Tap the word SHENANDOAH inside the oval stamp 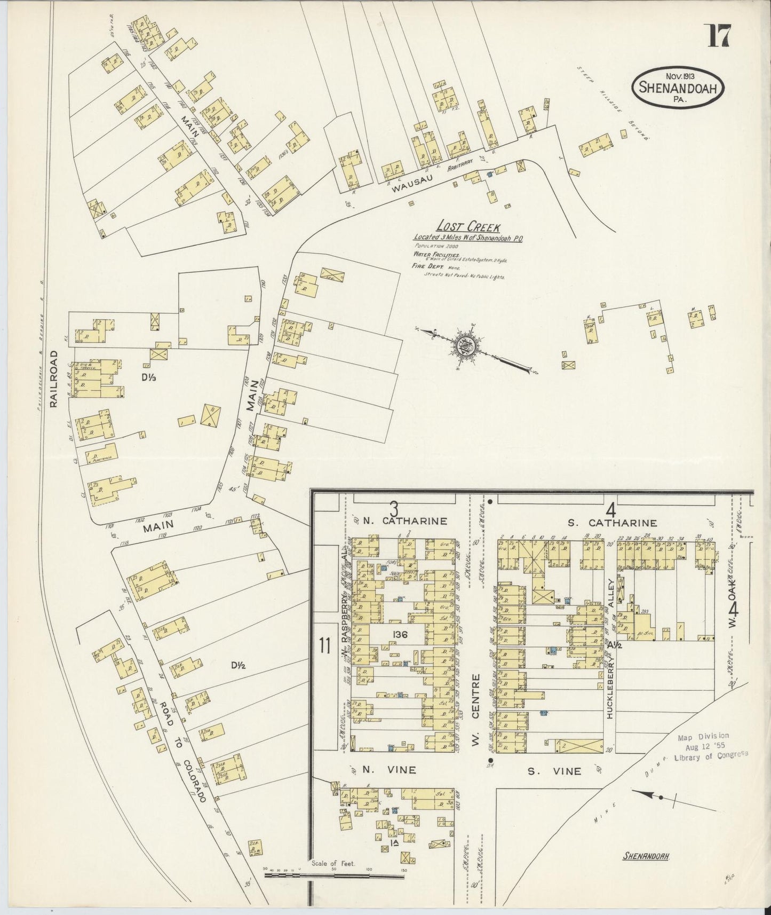click(x=678, y=88)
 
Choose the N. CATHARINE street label click(x=404, y=522)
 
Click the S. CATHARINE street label click(x=612, y=523)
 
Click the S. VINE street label click(x=554, y=771)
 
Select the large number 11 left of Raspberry click(x=324, y=646)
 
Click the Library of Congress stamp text click(x=711, y=755)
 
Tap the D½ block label click(x=238, y=665)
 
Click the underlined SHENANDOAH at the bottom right click(x=647, y=856)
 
